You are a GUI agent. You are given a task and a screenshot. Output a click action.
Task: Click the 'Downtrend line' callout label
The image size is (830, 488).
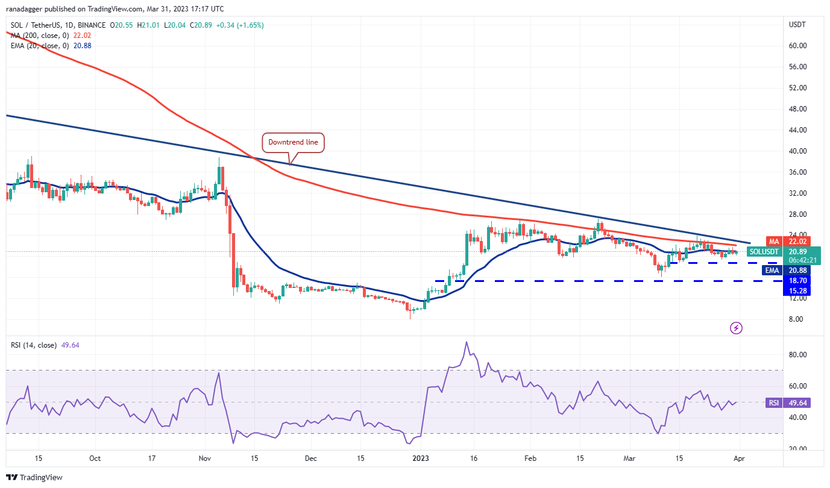tap(293, 143)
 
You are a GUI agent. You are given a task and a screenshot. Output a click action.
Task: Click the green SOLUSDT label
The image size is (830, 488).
tap(764, 251)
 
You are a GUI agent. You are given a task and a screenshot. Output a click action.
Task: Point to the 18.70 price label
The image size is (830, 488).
tap(799, 280)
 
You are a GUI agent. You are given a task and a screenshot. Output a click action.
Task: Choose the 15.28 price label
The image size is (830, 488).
tap(799, 290)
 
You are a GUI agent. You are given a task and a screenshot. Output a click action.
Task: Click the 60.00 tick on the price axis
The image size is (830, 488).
tap(797, 45)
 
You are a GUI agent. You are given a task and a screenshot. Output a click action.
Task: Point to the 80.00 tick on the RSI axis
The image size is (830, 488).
tap(797, 355)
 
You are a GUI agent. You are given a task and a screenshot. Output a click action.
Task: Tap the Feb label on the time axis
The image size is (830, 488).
tap(530, 458)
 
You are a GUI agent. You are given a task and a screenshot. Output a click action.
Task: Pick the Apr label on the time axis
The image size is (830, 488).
tap(737, 458)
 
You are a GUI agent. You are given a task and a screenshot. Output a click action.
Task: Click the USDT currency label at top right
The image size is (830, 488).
tap(797, 25)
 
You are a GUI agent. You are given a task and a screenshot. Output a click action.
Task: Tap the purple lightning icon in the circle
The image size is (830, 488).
tap(736, 328)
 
